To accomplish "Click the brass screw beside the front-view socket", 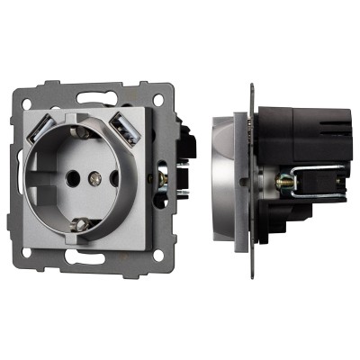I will point(163,177).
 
